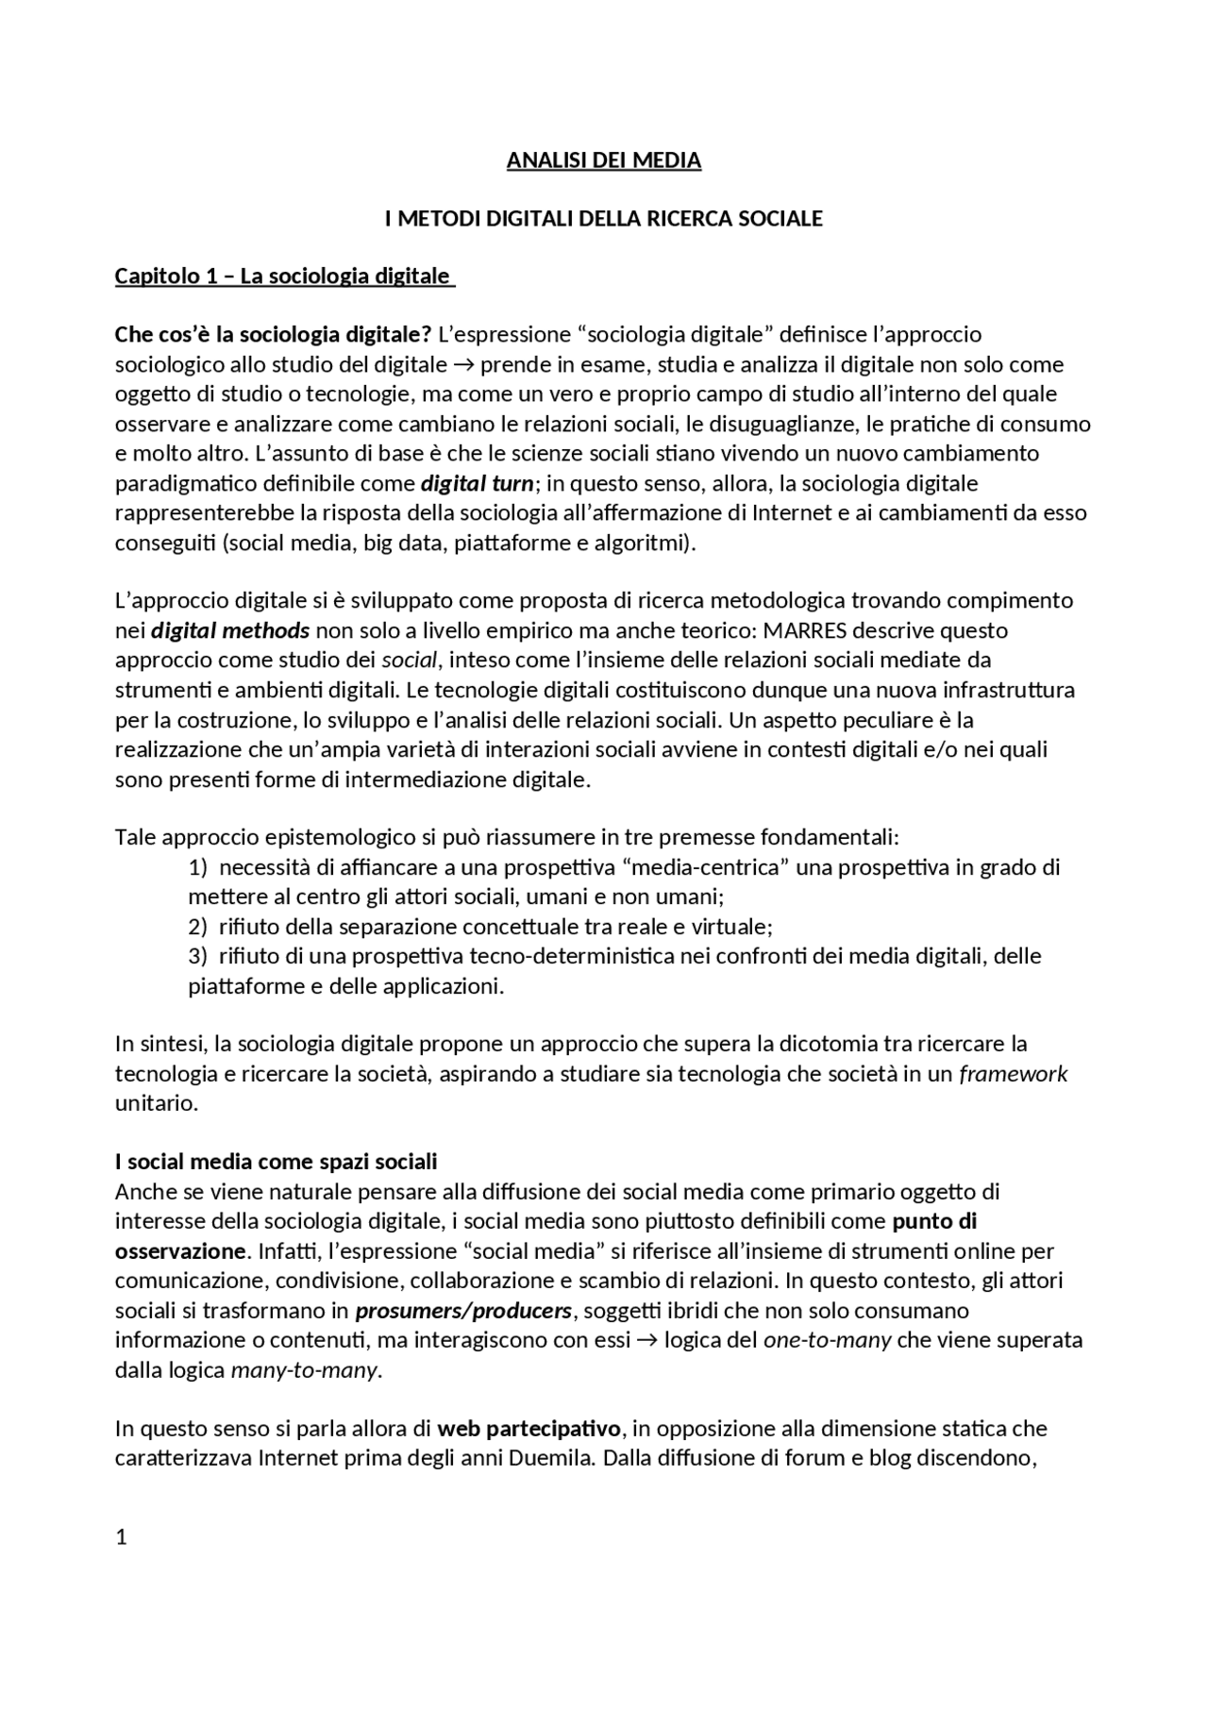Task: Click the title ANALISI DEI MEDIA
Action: click(x=603, y=160)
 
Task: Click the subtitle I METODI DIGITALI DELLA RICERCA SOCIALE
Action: click(x=603, y=219)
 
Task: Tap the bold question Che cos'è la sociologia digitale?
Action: click(x=273, y=335)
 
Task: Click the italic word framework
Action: click(x=1013, y=1075)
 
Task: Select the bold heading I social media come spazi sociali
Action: click(x=276, y=1162)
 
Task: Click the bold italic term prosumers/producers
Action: click(x=463, y=1312)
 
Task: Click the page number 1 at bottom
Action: click(x=121, y=1538)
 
